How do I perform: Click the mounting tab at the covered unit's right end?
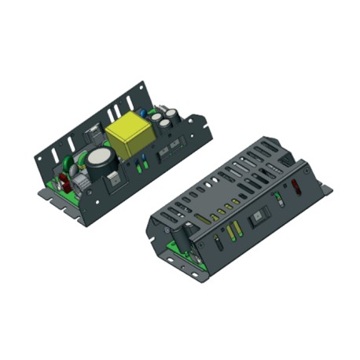click(321, 189)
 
